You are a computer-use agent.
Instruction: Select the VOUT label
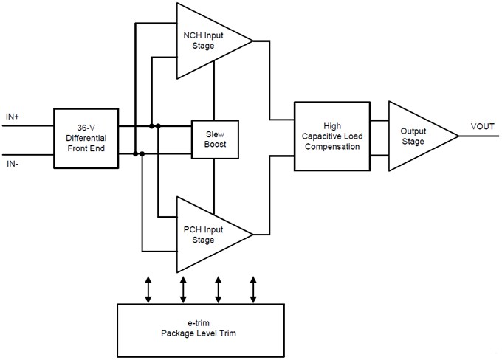point(483,128)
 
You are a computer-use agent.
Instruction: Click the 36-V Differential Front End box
point(85,138)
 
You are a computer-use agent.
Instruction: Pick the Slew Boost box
point(213,138)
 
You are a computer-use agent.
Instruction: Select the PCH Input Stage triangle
point(207,235)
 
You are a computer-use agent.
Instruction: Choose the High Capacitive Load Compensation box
point(331,136)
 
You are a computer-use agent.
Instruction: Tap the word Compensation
point(331,147)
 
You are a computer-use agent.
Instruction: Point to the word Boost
point(213,144)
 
